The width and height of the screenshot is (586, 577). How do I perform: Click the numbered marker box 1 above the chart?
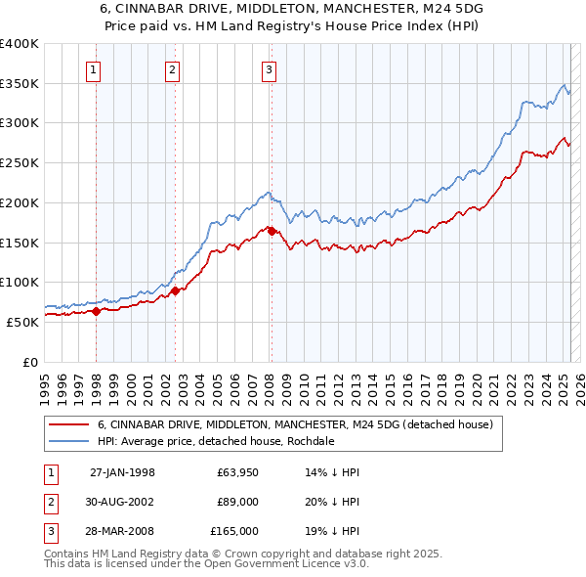[94, 69]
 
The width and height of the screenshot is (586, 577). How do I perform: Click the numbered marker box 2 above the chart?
[172, 69]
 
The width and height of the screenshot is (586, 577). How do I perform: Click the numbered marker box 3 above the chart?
[269, 69]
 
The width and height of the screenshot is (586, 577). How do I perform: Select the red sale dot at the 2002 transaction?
[176, 290]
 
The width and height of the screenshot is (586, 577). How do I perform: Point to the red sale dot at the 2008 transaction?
[272, 231]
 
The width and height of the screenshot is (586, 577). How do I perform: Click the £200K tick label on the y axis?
[19, 202]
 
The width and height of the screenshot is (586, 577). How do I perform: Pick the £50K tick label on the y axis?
[22, 322]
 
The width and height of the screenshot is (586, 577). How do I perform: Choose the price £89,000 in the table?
[237, 502]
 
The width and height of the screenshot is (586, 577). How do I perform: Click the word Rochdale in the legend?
[310, 441]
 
